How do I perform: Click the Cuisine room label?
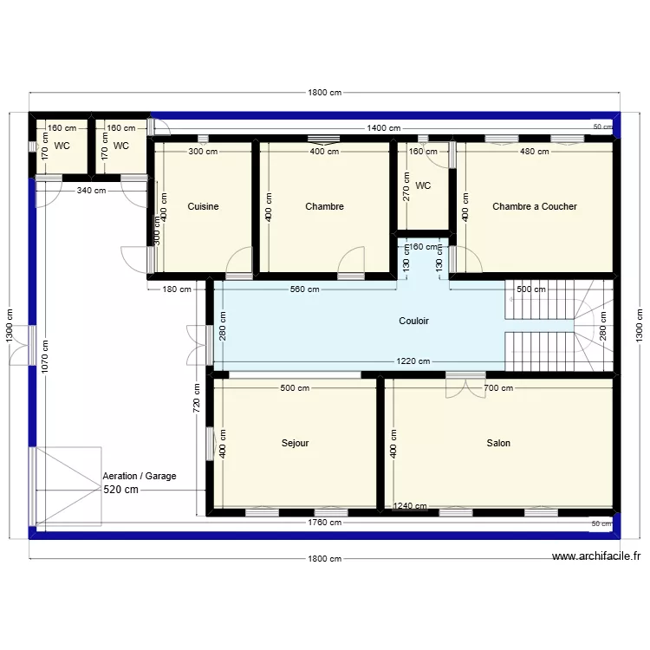click(203, 206)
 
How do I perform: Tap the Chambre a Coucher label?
click(534, 206)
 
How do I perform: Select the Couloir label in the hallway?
click(413, 321)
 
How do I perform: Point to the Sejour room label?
click(295, 443)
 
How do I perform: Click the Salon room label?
click(498, 443)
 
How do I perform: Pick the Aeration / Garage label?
click(139, 477)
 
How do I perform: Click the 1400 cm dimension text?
click(383, 128)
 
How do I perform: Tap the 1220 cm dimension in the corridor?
click(413, 362)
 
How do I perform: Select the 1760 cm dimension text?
click(324, 523)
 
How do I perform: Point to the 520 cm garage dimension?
click(121, 490)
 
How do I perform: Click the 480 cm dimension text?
click(534, 152)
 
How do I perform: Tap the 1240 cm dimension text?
click(409, 507)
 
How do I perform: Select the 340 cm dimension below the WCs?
click(91, 191)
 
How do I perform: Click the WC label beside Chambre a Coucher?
click(423, 185)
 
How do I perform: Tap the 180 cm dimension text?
click(177, 289)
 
